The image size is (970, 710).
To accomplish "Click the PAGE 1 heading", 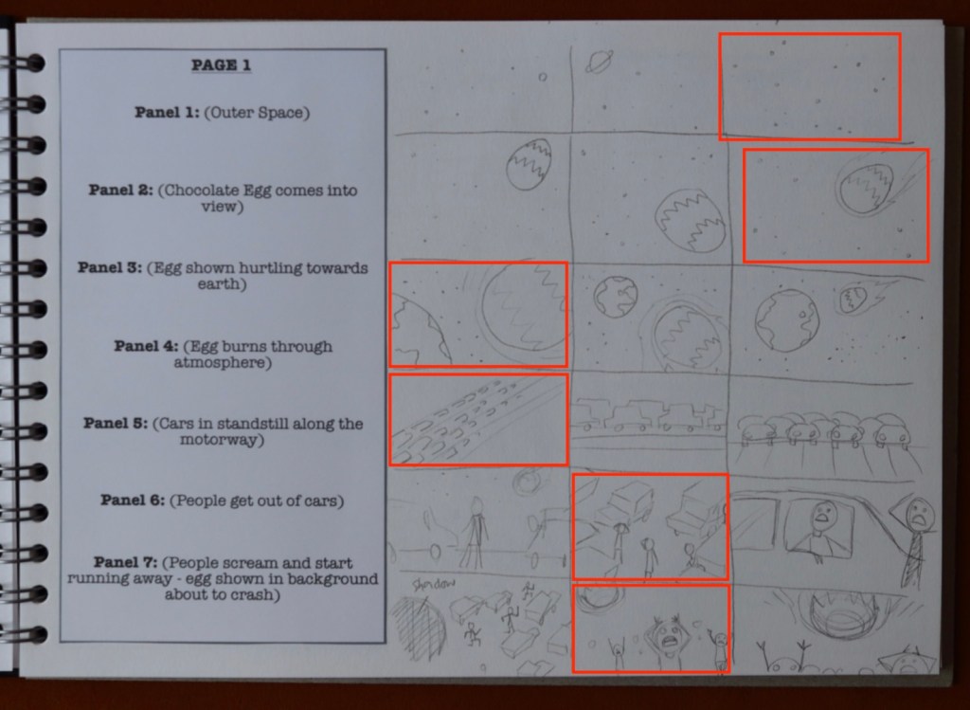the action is (x=221, y=65).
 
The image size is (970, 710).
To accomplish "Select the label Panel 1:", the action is (x=167, y=112).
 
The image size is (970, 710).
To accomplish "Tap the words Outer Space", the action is (x=257, y=113).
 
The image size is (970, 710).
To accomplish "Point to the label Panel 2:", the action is (x=120, y=190).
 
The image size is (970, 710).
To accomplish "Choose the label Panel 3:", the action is (x=110, y=267).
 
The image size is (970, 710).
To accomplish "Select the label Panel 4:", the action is (x=146, y=345).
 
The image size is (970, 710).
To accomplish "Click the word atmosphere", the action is (x=220, y=362).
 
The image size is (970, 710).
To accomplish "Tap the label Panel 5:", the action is (x=116, y=423).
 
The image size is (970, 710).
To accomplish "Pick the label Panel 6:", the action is (x=133, y=500).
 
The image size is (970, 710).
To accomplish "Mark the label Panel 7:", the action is (x=126, y=562).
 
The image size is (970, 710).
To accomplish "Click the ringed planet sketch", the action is (x=599, y=62).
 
